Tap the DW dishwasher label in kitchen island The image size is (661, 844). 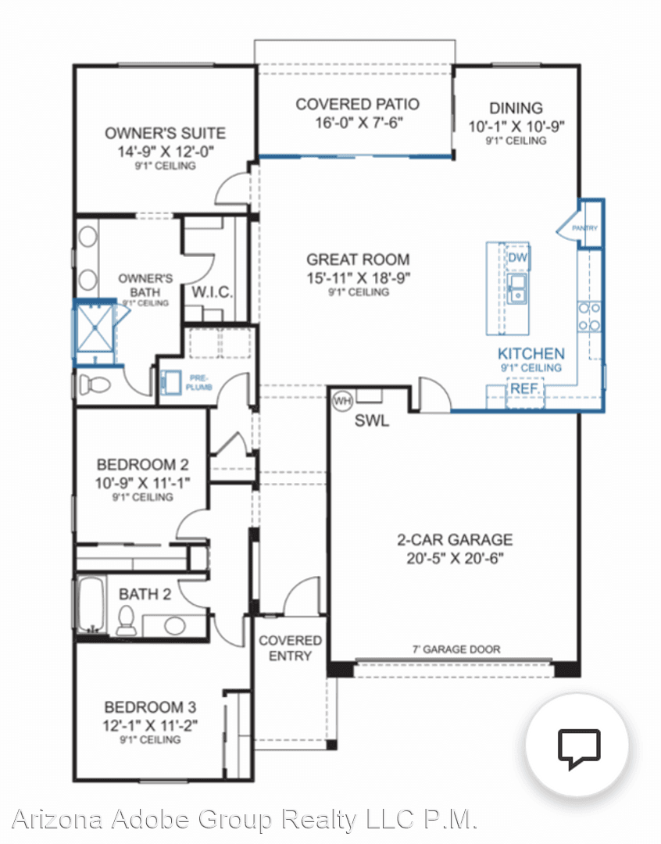tap(516, 258)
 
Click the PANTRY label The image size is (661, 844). tap(584, 228)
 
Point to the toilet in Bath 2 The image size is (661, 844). tap(125, 619)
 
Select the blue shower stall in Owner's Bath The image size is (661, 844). tap(94, 331)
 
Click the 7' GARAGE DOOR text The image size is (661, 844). tap(456, 649)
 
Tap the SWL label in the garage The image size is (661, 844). tap(372, 420)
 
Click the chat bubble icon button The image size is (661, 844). tap(578, 745)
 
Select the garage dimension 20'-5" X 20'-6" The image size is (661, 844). tap(455, 558)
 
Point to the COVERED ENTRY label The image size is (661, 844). tap(290, 648)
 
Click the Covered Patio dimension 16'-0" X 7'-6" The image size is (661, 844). tap(356, 123)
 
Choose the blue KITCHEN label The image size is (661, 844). tap(531, 353)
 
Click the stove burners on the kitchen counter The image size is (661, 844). tap(589, 316)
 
